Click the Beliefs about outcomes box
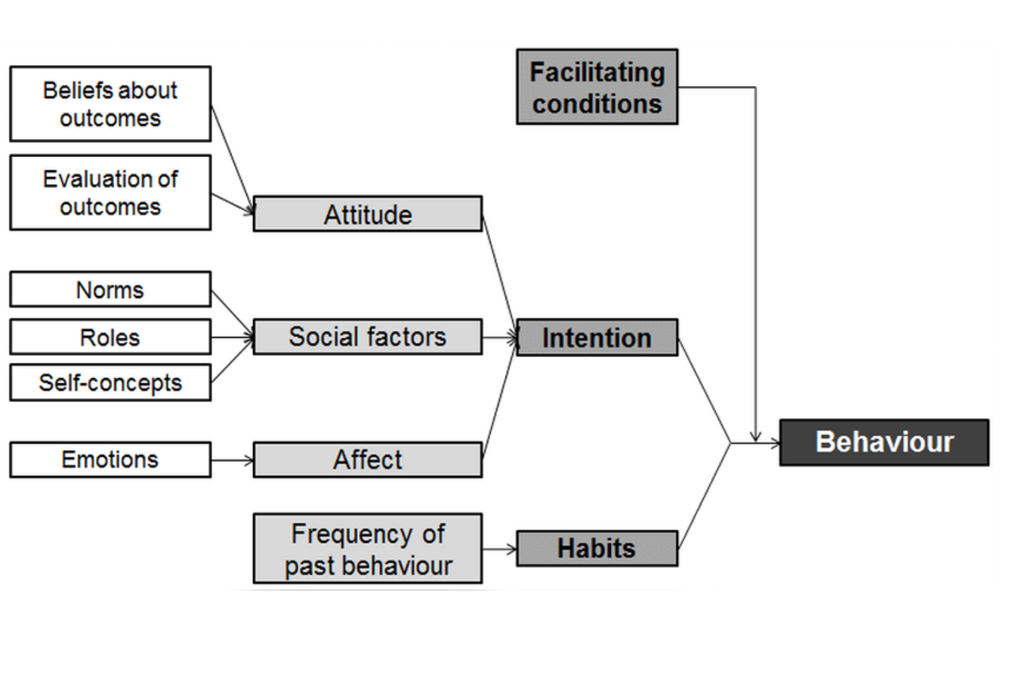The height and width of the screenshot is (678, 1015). (110, 104)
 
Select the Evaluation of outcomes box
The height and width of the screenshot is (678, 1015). (110, 193)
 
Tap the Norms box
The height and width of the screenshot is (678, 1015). (110, 289)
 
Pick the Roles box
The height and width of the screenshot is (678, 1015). (110, 337)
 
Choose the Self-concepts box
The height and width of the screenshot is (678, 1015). (110, 383)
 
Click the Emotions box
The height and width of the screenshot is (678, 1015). (110, 460)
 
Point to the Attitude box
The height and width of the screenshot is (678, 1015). (367, 214)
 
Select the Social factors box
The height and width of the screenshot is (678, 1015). (367, 337)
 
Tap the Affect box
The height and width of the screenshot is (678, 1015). (367, 460)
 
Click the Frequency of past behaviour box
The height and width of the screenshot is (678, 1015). (367, 549)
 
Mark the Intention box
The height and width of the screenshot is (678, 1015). (597, 338)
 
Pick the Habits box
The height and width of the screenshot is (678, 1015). (597, 548)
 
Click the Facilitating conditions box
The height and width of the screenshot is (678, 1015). (597, 87)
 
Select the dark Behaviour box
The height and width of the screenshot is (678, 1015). (883, 442)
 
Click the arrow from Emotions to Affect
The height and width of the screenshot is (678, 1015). (232, 461)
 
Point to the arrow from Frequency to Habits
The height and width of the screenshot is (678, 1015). (499, 549)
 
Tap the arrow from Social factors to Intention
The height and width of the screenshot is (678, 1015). (499, 337)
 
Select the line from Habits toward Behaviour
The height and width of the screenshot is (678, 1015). (704, 495)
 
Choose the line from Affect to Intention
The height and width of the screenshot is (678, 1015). (499, 400)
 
